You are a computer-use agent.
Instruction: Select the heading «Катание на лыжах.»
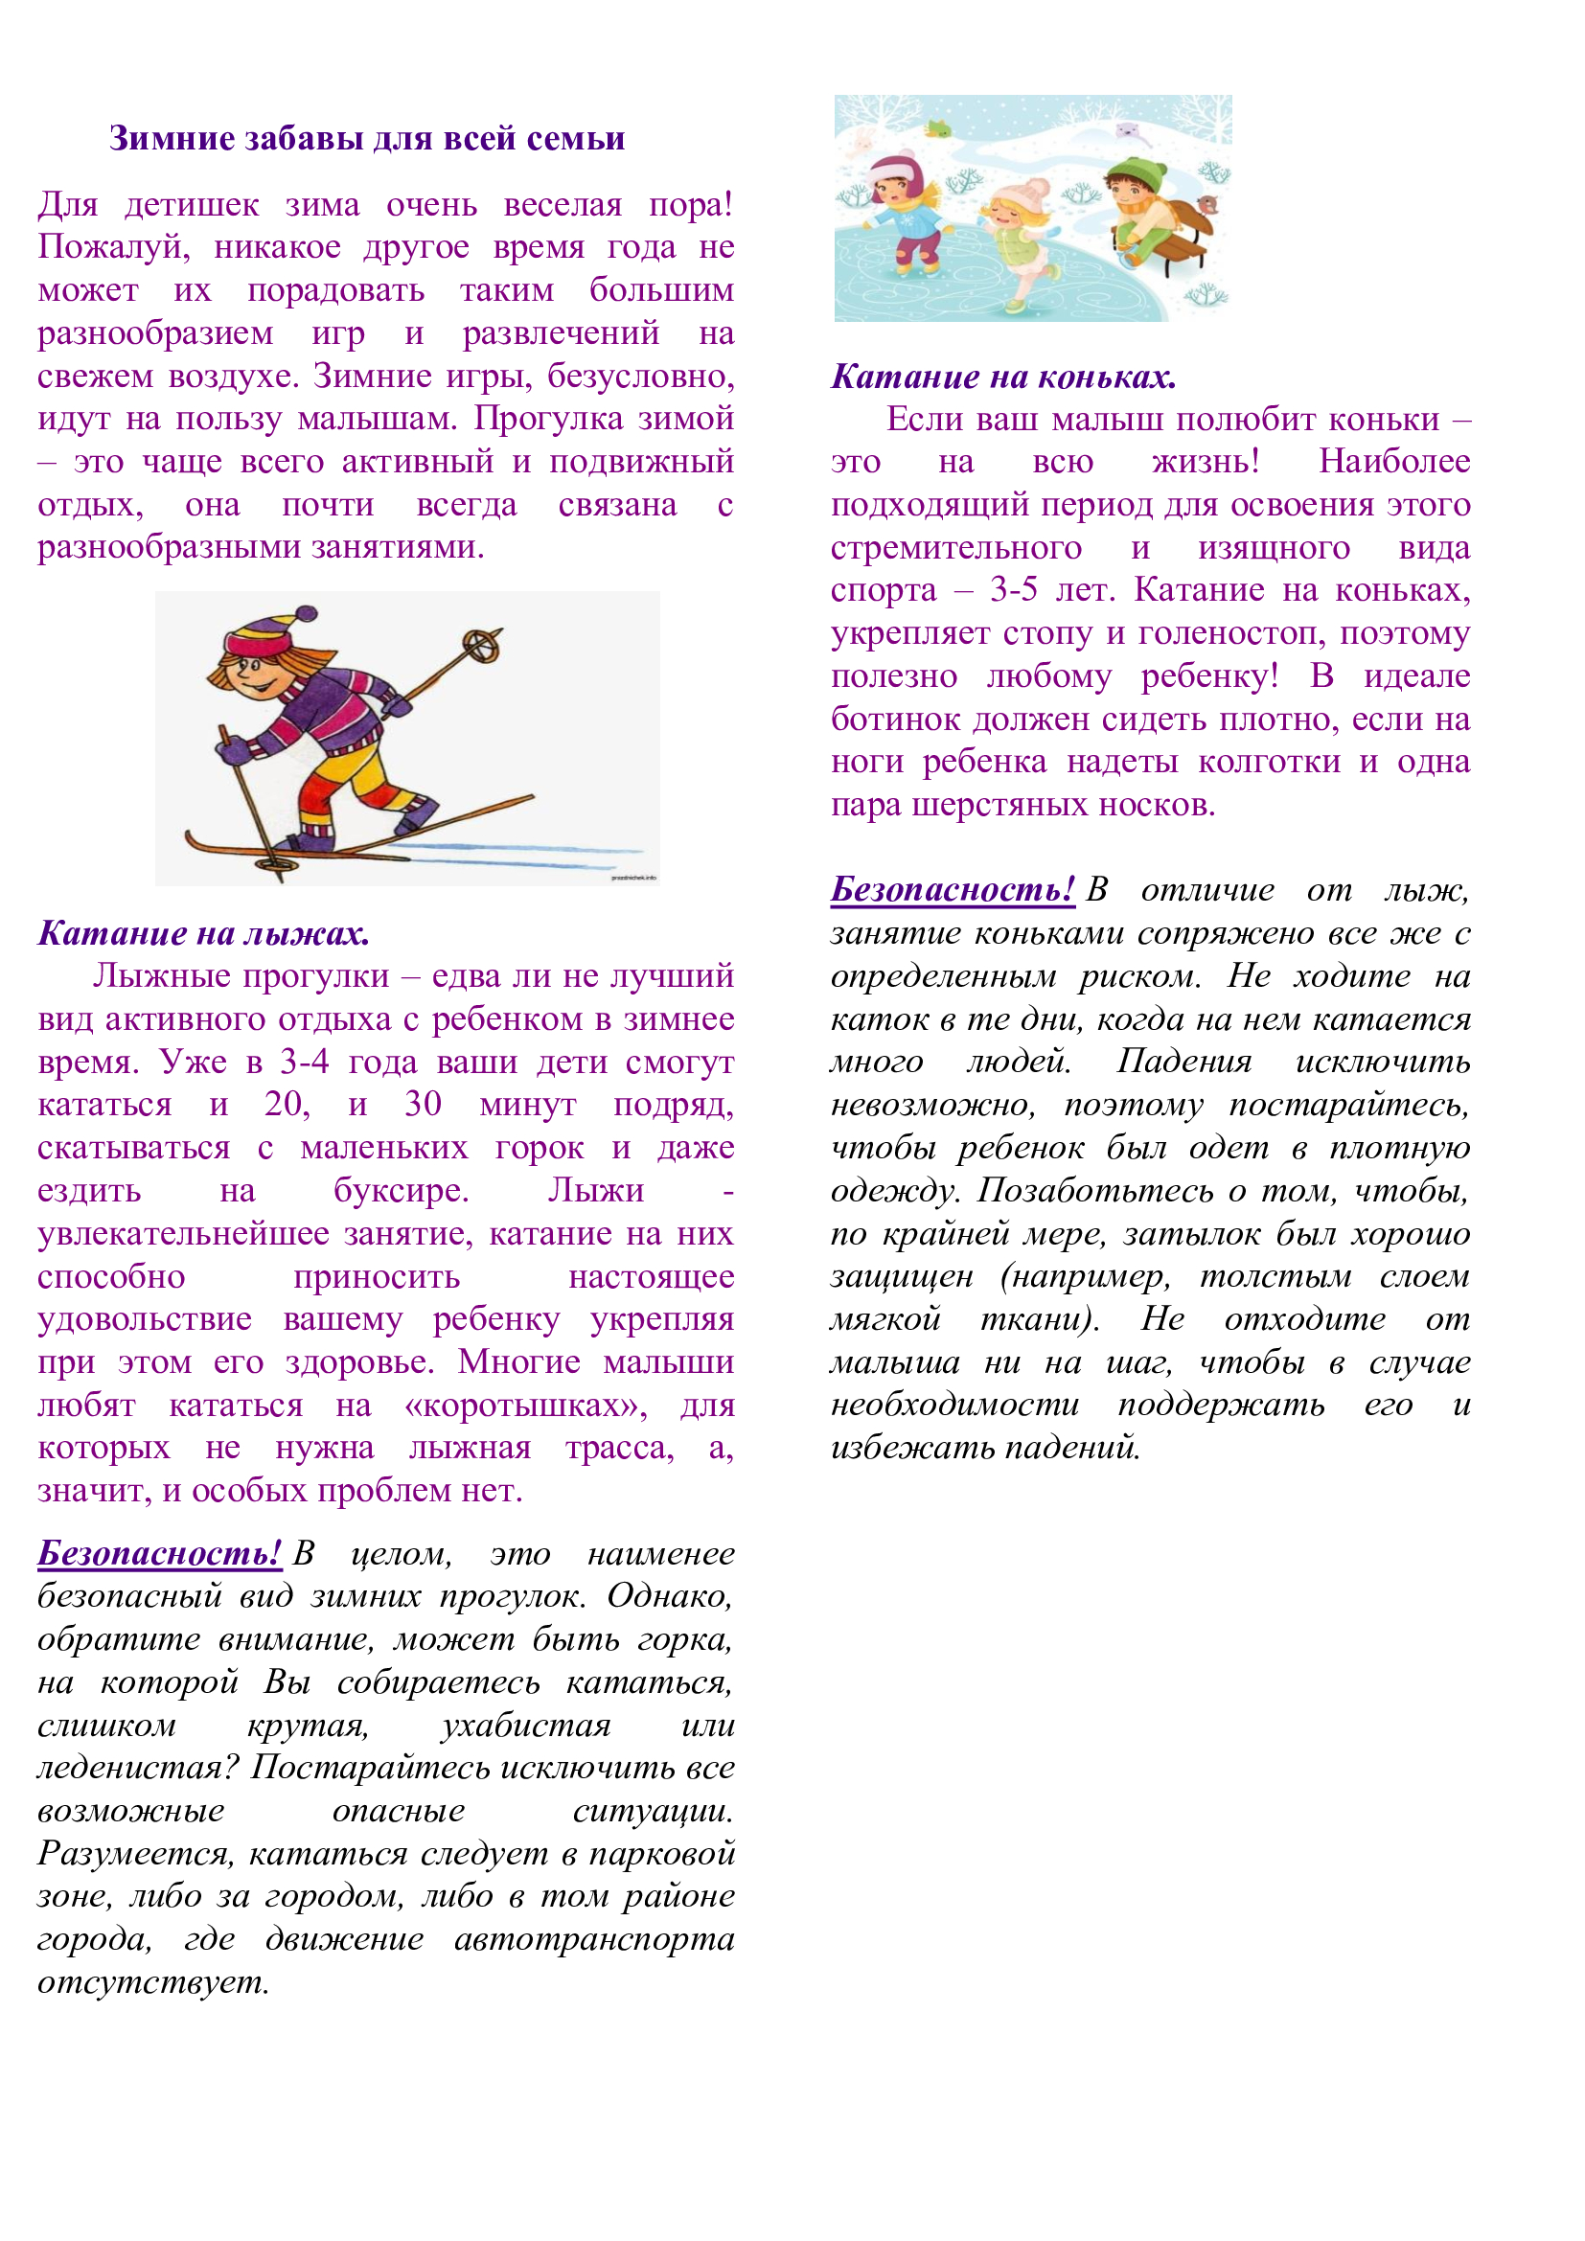pyautogui.click(x=203, y=933)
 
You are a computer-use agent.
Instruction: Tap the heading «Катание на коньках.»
pyautogui.click(x=1003, y=377)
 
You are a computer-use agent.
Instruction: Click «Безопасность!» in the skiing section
pyautogui.click(x=159, y=1552)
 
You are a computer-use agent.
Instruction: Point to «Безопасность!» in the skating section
pyautogui.click(x=952, y=889)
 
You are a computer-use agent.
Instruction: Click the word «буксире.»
pyautogui.click(x=402, y=1191)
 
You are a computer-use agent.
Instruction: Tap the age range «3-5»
pyautogui.click(x=1013, y=589)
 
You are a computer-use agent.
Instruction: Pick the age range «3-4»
pyautogui.click(x=305, y=1061)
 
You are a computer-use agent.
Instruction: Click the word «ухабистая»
pyautogui.click(x=526, y=1726)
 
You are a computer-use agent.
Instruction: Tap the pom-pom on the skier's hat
pyautogui.click(x=307, y=615)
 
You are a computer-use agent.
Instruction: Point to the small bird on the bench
pyautogui.click(x=1208, y=203)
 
